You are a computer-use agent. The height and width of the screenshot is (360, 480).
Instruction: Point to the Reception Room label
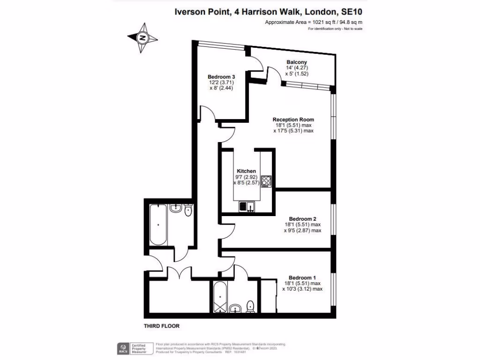(293, 119)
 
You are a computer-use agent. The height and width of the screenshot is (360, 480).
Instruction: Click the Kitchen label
(246, 171)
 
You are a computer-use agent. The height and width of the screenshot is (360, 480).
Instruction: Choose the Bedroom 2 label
(302, 219)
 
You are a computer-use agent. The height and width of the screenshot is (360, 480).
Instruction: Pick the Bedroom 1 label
(302, 277)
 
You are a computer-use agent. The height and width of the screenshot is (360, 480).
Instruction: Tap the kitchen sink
(246, 206)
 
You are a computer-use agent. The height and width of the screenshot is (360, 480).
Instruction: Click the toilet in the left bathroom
(188, 210)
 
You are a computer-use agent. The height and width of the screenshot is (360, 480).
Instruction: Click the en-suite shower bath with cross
(219, 298)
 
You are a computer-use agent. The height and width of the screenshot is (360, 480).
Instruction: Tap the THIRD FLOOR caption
(161, 326)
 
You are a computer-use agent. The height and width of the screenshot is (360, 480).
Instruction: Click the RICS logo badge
(123, 349)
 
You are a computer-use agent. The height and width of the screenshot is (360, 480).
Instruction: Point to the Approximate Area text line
(314, 22)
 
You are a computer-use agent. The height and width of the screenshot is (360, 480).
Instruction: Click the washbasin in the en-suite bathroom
(235, 308)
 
